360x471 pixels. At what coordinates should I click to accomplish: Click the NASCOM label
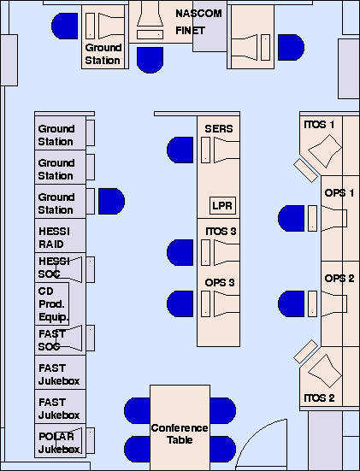click(x=198, y=14)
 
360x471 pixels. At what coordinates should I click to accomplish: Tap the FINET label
click(x=190, y=31)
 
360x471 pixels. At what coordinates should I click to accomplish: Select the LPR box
click(x=222, y=205)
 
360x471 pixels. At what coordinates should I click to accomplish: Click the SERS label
click(x=219, y=129)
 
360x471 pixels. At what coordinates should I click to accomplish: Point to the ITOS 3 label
click(x=221, y=232)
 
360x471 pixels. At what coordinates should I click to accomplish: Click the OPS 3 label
click(x=220, y=283)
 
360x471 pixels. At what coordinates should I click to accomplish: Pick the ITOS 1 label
click(x=319, y=125)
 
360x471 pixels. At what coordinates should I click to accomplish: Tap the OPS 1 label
click(x=339, y=193)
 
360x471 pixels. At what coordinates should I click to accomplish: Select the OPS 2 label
click(x=339, y=279)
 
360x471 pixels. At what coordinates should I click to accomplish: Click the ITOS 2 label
click(x=319, y=398)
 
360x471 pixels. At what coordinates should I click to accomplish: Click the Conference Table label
click(x=180, y=433)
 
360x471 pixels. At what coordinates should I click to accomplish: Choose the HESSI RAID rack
click(x=61, y=236)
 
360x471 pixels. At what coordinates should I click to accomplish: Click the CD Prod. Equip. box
click(x=52, y=303)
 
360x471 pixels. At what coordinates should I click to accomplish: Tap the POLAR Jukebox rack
click(x=61, y=441)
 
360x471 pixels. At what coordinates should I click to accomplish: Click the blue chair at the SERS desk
click(x=180, y=150)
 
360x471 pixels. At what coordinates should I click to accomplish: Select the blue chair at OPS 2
click(x=292, y=303)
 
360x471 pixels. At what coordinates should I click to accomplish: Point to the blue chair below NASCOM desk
click(x=150, y=60)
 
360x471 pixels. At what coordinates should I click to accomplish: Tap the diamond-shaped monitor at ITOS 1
click(x=325, y=151)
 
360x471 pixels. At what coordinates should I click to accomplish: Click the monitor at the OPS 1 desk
click(x=334, y=218)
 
